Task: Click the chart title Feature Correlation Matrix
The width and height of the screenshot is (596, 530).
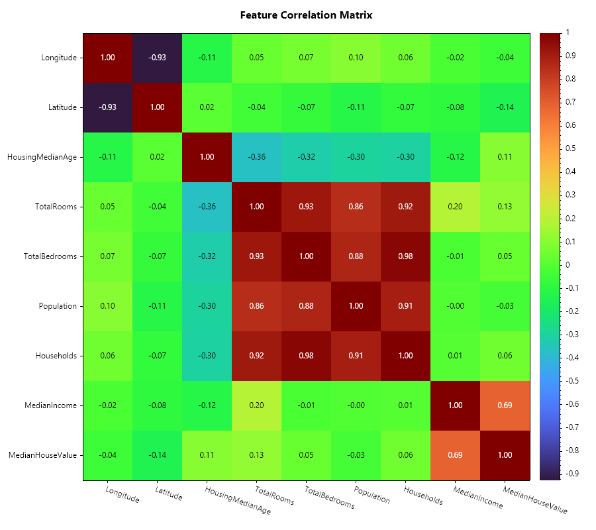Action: pos(306,15)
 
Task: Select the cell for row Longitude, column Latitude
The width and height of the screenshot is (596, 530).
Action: pos(157,58)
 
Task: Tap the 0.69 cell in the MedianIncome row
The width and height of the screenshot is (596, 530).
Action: pos(505,405)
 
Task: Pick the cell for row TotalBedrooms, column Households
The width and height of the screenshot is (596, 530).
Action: pos(406,256)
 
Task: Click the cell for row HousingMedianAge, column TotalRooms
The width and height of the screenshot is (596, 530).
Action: pos(256,157)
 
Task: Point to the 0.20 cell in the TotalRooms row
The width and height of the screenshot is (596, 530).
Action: pos(456,207)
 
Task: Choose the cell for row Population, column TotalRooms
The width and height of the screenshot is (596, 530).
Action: pos(256,306)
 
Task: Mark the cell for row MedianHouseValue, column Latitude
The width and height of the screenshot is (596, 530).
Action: pos(157,455)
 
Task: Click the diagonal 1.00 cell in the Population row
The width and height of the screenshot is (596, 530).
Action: pos(356,306)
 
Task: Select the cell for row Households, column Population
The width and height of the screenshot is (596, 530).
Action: pos(356,356)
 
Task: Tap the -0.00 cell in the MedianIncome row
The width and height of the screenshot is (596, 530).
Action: pos(356,405)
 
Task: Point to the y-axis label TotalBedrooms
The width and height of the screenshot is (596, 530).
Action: pos(51,256)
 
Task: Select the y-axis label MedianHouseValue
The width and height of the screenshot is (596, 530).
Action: pos(42,455)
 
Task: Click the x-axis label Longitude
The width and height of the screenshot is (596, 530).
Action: pos(123,494)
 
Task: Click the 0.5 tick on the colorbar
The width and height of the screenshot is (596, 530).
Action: pos(568,148)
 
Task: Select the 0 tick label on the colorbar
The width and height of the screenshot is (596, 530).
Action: pos(568,264)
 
